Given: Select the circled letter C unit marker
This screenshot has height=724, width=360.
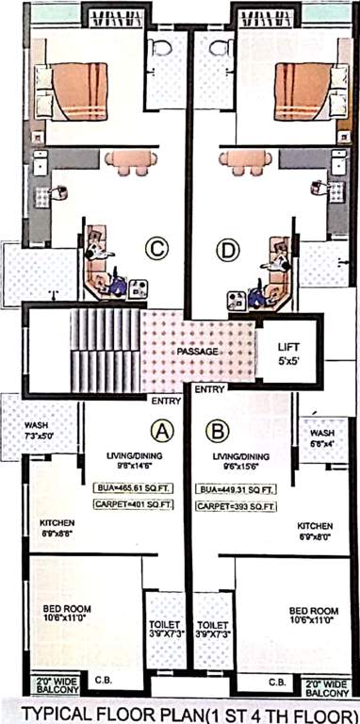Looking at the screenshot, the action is coord(156,249).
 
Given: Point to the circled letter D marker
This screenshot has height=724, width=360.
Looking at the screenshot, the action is coord(227,250).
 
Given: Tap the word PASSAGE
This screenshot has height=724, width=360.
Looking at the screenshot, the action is coord(197,352).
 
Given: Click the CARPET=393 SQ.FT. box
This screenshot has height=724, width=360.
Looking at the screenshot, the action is coord(236,506).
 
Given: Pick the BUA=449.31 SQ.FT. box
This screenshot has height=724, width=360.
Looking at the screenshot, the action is coord(237,489).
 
